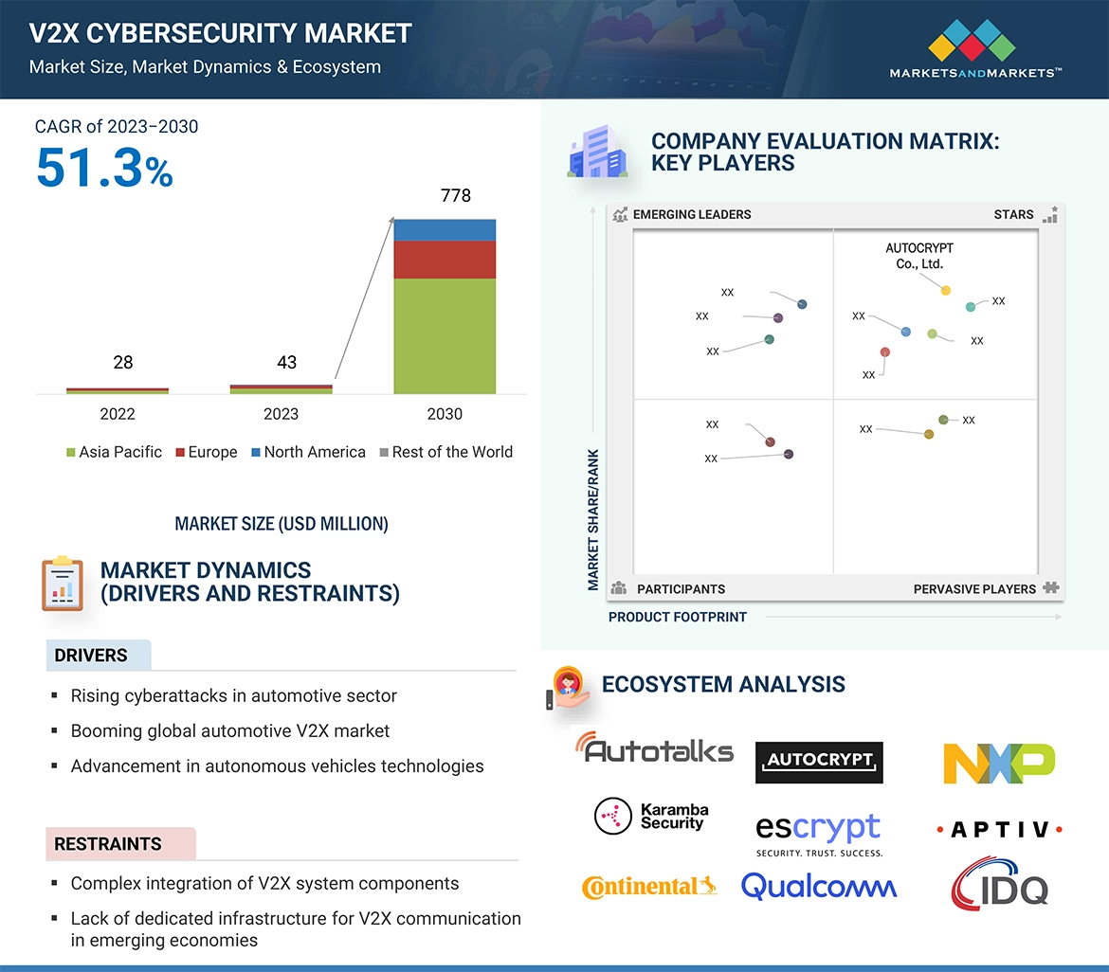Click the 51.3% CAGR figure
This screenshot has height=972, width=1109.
[104, 168]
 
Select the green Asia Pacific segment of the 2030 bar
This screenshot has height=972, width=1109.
[445, 335]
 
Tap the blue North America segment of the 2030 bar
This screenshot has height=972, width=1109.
[445, 229]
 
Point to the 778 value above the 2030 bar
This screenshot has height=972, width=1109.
[455, 196]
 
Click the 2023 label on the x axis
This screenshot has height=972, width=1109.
[281, 414]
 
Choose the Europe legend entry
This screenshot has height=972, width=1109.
[206, 453]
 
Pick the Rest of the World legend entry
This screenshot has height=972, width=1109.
[445, 453]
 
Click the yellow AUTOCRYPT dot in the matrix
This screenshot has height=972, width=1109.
[945, 290]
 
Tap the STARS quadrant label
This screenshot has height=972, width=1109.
[1013, 214]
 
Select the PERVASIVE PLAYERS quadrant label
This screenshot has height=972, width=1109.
[974, 589]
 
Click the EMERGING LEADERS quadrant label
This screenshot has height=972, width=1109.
[691, 214]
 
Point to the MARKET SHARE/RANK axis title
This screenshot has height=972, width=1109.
[593, 519]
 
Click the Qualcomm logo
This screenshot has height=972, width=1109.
[819, 886]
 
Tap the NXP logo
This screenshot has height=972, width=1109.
[999, 763]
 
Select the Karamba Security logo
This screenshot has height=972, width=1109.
[651, 816]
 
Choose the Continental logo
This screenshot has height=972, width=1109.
[648, 887]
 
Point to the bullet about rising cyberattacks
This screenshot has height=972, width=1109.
[233, 696]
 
